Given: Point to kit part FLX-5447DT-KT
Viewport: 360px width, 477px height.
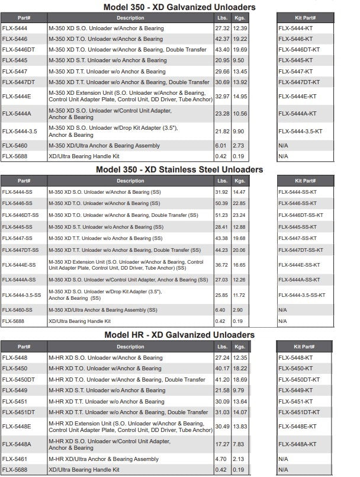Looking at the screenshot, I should point(299,82).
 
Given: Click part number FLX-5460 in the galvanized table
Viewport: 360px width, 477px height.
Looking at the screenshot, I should point(14,146).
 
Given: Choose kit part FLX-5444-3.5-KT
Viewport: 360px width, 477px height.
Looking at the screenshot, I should point(300,131).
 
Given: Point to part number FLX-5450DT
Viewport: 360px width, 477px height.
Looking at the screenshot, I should point(18,379).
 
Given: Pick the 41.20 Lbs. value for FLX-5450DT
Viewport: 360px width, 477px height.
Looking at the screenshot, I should point(223,379).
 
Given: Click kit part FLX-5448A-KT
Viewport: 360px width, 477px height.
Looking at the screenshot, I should point(297,444).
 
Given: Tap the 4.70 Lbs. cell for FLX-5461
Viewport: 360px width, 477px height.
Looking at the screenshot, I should point(221,459).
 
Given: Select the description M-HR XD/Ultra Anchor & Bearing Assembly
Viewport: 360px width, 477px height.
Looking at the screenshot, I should point(104,459).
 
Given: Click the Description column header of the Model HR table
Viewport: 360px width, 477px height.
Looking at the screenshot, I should point(130,347).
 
